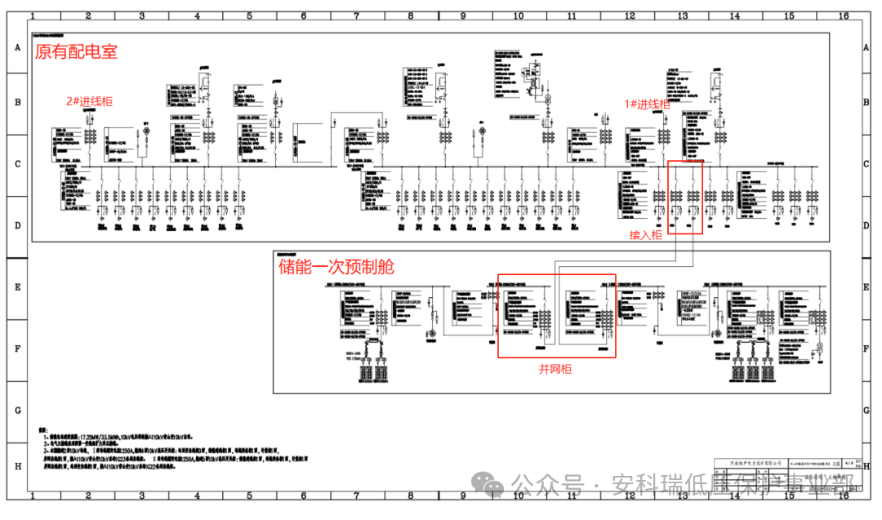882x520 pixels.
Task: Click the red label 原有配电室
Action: point(76,52)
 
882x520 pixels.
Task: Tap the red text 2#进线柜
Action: point(90,102)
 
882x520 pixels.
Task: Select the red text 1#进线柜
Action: point(647,104)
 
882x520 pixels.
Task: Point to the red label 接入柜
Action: point(645,235)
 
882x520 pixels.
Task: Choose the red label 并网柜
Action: point(555,369)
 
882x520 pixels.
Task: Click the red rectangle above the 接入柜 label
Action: point(685,198)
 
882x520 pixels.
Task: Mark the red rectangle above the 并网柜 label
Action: point(557,315)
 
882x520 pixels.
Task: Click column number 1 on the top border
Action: point(33,16)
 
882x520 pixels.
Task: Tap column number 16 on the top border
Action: point(843,16)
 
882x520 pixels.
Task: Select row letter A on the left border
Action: point(16,48)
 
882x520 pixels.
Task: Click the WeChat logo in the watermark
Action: point(495,487)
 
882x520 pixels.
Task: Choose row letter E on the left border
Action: point(16,287)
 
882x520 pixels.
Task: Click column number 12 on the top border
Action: point(629,16)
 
